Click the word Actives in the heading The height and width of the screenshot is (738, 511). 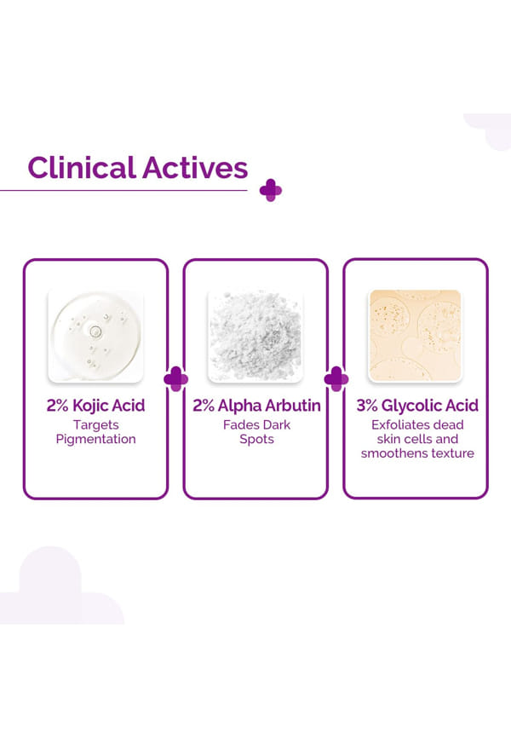click(195, 168)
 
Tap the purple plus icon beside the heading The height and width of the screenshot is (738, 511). click(271, 190)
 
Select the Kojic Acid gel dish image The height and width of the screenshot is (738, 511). click(96, 336)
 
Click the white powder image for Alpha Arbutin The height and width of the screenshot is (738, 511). click(256, 336)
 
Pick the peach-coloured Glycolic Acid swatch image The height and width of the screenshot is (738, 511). click(416, 336)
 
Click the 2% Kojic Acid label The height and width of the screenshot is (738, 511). click(95, 406)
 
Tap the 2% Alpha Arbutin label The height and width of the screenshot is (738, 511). click(256, 406)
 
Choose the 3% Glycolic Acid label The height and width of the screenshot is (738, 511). click(417, 406)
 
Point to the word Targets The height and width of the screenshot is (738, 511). click(96, 425)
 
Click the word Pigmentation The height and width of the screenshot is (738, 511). click(96, 439)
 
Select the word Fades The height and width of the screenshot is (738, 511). click(239, 425)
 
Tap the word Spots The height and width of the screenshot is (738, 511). click(256, 440)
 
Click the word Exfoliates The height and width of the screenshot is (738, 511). click(394, 425)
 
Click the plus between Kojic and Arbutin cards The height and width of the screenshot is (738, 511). click(176, 379)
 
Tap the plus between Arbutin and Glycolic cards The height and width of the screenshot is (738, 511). click(336, 379)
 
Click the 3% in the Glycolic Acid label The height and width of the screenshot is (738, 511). click(367, 406)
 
